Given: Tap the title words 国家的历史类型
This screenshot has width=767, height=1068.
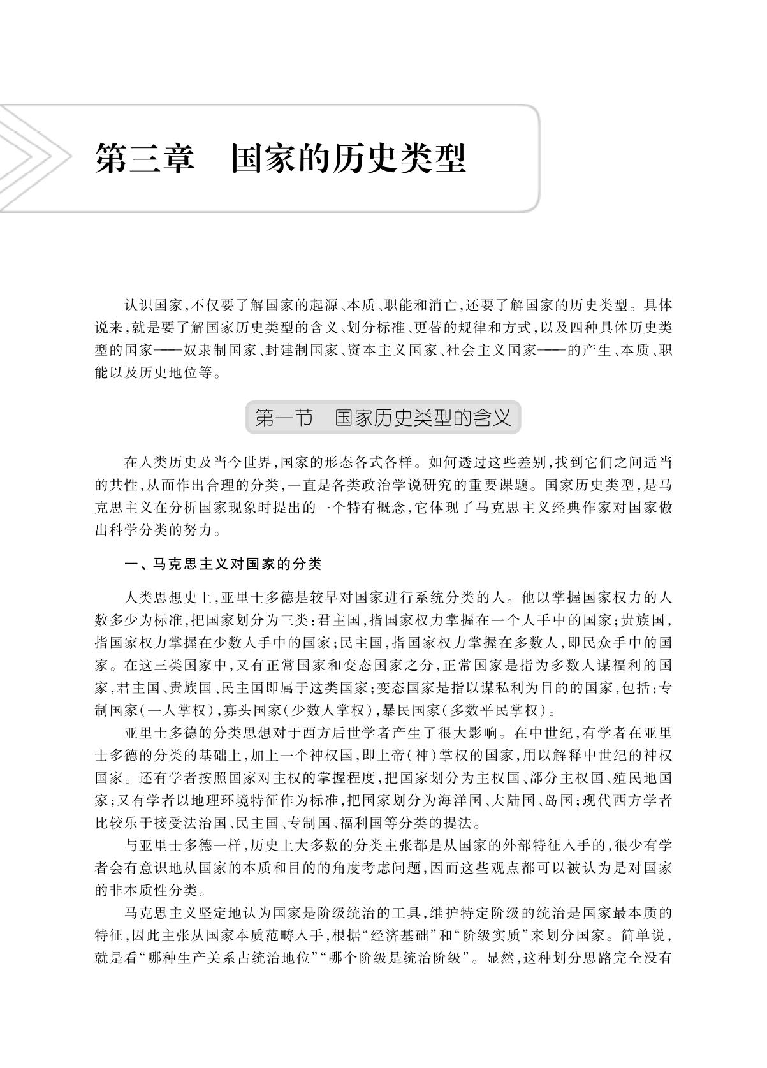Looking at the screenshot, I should [348, 158].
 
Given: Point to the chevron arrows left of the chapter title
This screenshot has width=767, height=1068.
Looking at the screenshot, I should [32, 158].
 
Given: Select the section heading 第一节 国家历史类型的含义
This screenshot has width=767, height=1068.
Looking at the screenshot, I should [383, 418].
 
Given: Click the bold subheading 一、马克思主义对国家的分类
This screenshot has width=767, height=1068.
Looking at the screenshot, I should [223, 564].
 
